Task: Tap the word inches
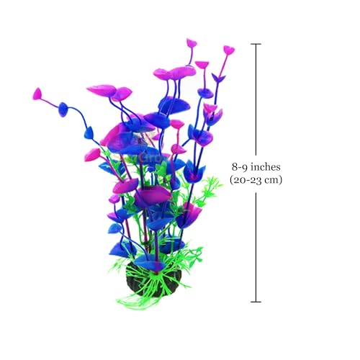click(265, 166)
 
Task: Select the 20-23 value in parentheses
click(247, 180)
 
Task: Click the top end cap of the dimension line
click(256, 44)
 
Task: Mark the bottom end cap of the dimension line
click(256, 302)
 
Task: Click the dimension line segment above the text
click(256, 99)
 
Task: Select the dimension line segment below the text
click(256, 247)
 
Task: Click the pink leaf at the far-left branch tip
click(37, 94)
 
